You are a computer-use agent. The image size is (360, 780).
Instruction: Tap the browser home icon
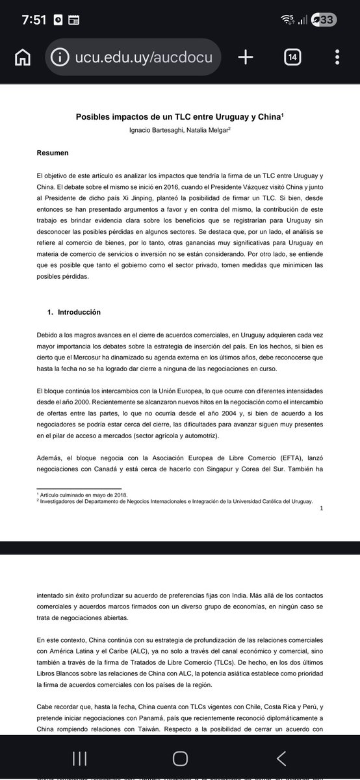23,58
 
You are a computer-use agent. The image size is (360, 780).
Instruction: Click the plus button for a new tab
245,58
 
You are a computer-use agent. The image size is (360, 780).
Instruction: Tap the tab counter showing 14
292,58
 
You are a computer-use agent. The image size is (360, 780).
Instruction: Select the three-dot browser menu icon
338,58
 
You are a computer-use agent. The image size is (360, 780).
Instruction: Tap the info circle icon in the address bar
60,58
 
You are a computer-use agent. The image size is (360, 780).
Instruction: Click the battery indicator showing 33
323,19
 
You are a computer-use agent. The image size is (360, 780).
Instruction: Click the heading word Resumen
53,153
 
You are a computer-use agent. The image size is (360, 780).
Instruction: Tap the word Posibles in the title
95,118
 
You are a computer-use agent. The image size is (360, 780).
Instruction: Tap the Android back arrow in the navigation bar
281,757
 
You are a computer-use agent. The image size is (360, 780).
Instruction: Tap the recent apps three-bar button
80,757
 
